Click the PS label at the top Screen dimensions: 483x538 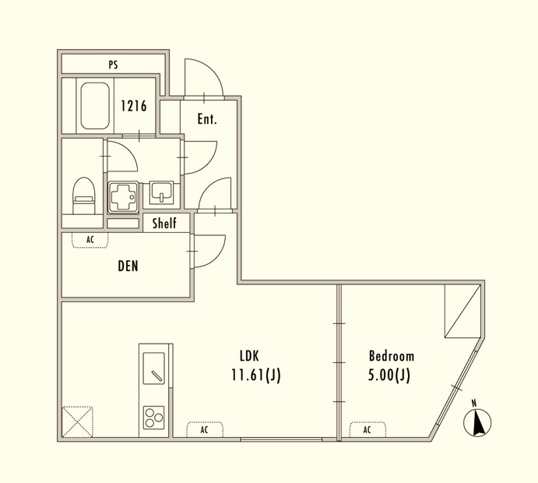(x=113, y=65)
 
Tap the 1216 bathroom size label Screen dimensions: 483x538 (x=133, y=106)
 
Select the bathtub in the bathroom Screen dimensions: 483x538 (x=95, y=105)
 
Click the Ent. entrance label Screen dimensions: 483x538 (x=206, y=119)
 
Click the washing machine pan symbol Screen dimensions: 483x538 (x=123, y=195)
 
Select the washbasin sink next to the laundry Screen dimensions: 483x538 (x=163, y=192)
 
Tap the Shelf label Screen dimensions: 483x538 (x=164, y=224)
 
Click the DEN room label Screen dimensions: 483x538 (x=128, y=266)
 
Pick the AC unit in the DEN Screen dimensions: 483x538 (x=90, y=240)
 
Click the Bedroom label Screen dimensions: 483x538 (x=391, y=356)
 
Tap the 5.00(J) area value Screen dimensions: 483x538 (x=389, y=375)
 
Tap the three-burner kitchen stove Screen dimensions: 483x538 (x=153, y=419)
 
